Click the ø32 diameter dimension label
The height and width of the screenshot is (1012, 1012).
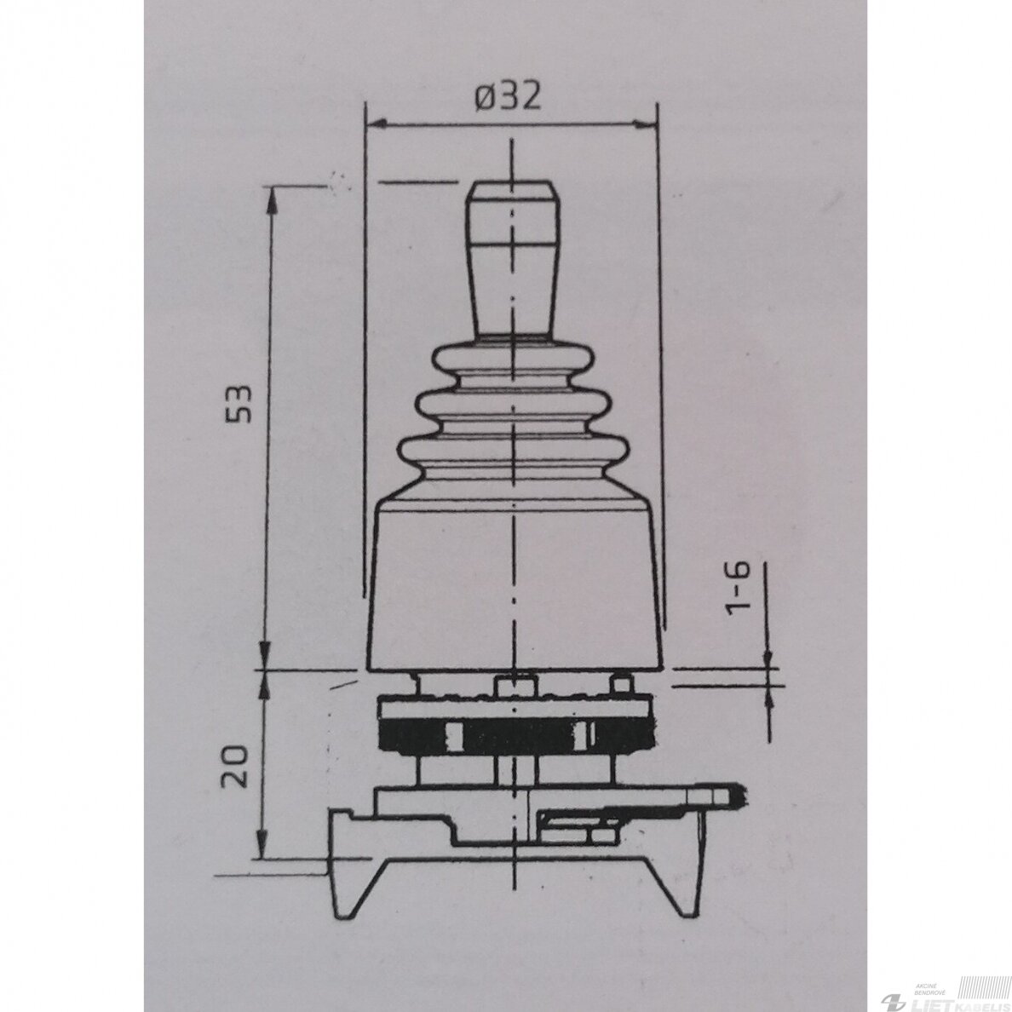(x=508, y=97)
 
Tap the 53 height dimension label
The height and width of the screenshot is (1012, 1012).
(x=238, y=405)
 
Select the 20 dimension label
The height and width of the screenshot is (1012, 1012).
(x=234, y=766)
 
